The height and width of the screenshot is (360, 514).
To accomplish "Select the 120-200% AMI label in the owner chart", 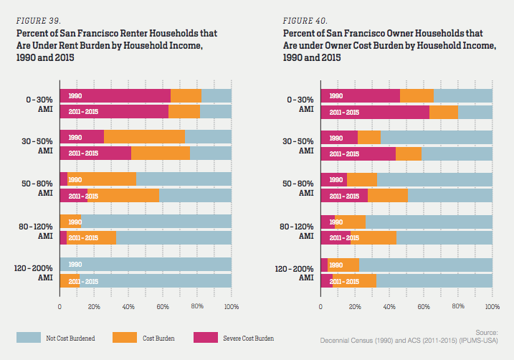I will click(295, 273).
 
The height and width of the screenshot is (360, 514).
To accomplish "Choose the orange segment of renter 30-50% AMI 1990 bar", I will click(144, 137).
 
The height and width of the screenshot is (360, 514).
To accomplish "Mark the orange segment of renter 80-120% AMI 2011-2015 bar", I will click(91, 237).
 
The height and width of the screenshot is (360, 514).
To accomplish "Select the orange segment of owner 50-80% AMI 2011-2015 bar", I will click(387, 196).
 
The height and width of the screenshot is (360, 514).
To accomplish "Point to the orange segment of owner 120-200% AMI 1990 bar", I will click(343, 264).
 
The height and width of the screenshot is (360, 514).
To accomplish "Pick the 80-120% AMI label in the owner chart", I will click(297, 230).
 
